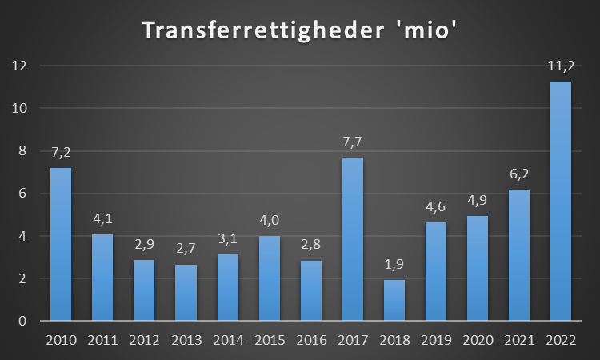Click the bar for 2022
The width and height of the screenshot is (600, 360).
561,202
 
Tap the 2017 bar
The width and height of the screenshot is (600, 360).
353,239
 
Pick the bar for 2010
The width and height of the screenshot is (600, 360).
61,245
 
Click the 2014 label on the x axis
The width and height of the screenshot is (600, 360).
228,340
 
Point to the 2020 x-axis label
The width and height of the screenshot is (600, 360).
478,340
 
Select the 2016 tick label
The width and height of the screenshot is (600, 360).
311,340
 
